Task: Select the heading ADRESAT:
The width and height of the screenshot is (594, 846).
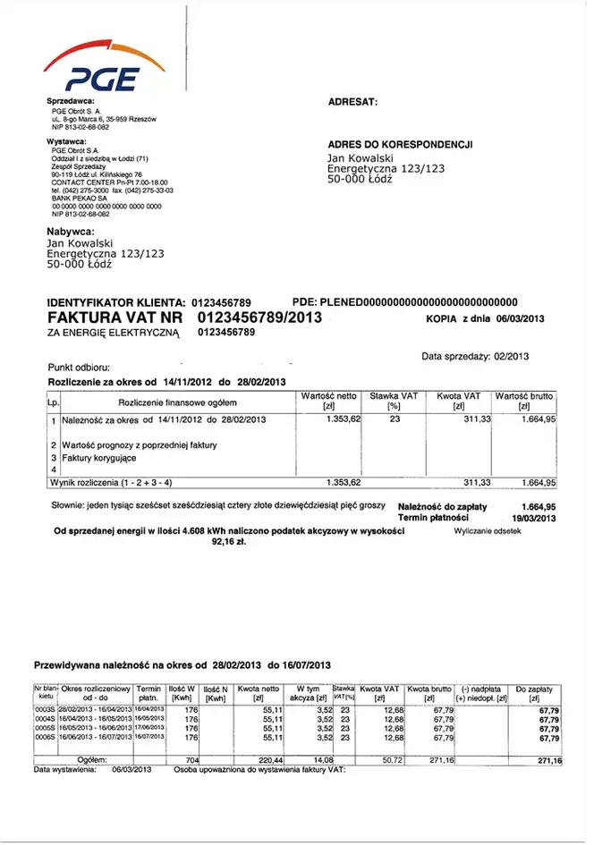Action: tap(352, 102)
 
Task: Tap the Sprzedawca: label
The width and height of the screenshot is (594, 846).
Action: tap(71, 101)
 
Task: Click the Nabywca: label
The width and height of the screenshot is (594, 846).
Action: tap(71, 232)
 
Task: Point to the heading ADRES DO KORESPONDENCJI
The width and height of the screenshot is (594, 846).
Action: tap(400, 144)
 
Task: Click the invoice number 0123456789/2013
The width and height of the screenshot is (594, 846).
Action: tap(259, 317)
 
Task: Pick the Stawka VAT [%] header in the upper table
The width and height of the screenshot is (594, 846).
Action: tap(393, 401)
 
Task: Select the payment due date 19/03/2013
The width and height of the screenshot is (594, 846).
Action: tap(534, 518)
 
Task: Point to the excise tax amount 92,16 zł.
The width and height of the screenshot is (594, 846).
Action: tap(229, 541)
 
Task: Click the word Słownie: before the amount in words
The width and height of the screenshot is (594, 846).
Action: tap(64, 506)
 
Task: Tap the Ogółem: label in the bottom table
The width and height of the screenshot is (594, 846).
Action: tap(93, 759)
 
